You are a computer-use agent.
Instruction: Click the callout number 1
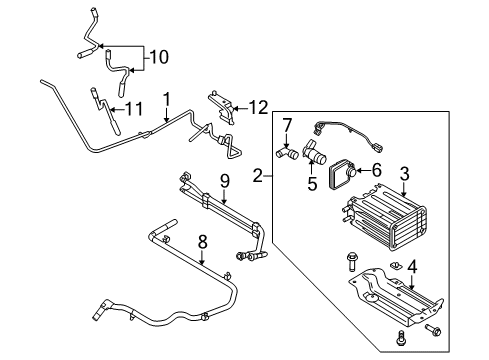pos(167,100)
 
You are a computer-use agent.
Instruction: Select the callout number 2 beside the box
pos(258,175)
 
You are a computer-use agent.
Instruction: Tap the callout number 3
pos(404,174)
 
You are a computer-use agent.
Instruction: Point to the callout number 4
pos(412,267)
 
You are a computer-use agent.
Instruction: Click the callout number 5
pos(312,184)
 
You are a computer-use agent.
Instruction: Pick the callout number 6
pos(376,170)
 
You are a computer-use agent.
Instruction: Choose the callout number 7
pos(287,125)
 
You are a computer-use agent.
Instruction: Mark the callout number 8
pos(202,242)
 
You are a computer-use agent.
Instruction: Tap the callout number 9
pos(225,181)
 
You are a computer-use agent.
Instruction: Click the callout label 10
pos(159,57)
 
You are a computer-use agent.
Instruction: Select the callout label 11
pos(134,109)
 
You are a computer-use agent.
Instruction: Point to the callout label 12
pos(258,108)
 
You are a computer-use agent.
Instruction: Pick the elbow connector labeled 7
pos(287,153)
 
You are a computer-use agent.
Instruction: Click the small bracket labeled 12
pos(222,108)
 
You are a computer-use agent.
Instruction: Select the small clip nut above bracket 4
pos(396,265)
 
